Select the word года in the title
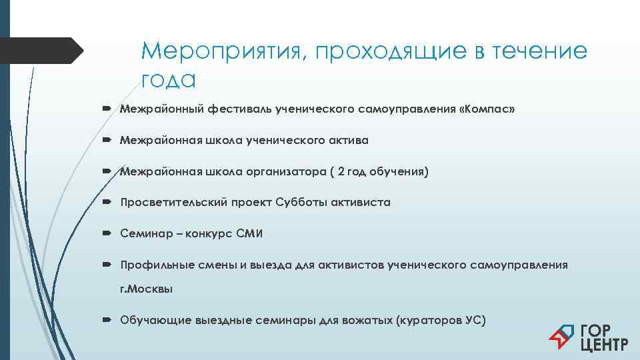[168, 80]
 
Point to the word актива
[347, 141]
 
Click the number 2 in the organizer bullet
[341, 172]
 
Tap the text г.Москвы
[146, 289]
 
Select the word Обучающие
[155, 320]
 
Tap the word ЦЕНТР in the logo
[604, 345]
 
